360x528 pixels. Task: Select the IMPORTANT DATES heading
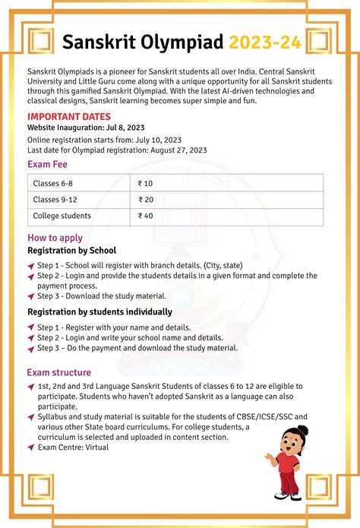pyautogui.click(x=69, y=116)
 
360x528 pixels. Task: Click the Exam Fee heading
pyautogui.click(x=49, y=164)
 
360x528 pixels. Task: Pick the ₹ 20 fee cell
pyautogui.click(x=146, y=200)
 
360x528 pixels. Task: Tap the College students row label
pyautogui.click(x=62, y=217)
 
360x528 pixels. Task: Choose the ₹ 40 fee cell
pyautogui.click(x=146, y=217)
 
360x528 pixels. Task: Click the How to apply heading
pyautogui.click(x=55, y=239)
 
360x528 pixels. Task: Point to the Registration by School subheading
pyautogui.click(x=71, y=251)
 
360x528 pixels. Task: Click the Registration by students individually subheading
pyautogui.click(x=99, y=311)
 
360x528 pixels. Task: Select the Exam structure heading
pyautogui.click(x=59, y=373)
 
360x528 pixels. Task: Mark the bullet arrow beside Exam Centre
pyautogui.click(x=30, y=447)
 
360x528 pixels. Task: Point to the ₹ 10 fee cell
pyautogui.click(x=146, y=183)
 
